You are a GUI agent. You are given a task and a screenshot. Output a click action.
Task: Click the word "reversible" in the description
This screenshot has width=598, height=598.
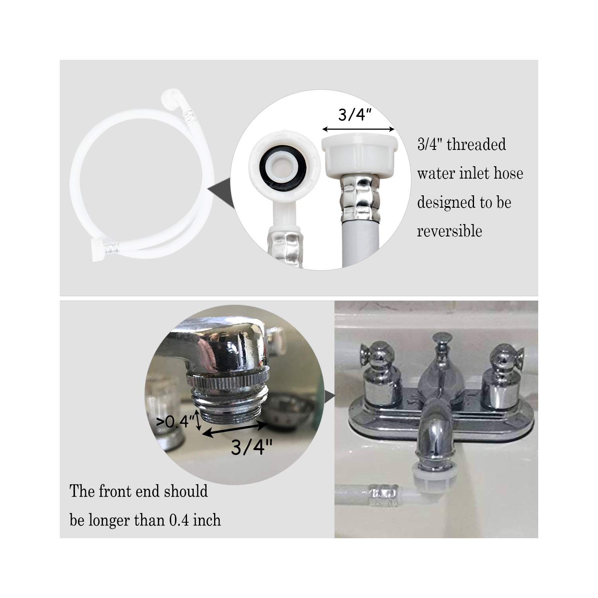tap(449, 231)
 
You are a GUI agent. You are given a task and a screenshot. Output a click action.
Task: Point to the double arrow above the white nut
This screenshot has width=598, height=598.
tap(358, 129)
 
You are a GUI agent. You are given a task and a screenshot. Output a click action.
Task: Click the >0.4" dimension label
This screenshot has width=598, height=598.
tap(175, 421)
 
